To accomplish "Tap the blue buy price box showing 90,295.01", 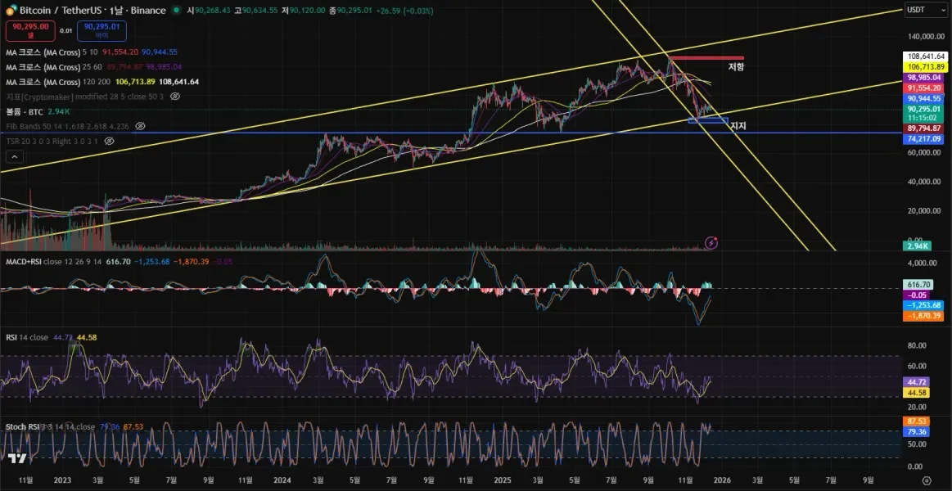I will [102, 30].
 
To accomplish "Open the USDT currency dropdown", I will [925, 10].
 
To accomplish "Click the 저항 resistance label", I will [737, 67].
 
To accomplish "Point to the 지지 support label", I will [738, 126].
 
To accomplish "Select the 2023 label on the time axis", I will [61, 480].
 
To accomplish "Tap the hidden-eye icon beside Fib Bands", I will [140, 126].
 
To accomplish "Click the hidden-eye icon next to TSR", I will [110, 141].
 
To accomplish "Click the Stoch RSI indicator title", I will [22, 426].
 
